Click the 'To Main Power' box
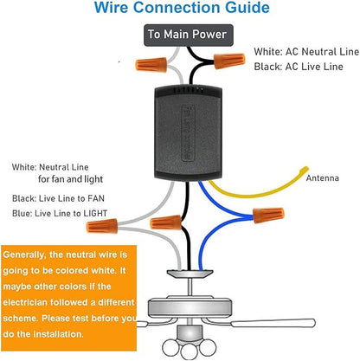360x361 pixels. [x=189, y=35]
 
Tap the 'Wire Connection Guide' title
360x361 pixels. [x=182, y=8]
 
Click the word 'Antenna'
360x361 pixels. [x=322, y=177]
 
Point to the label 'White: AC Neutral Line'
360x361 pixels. [x=306, y=52]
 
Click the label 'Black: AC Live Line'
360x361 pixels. [x=299, y=67]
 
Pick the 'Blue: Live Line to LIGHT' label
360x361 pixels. [x=60, y=214]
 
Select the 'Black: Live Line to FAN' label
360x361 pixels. [x=58, y=198]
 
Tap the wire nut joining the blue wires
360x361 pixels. [x=268, y=215]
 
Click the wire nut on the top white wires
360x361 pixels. [x=151, y=65]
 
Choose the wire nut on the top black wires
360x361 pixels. [x=229, y=61]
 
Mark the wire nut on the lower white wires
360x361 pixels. [x=102, y=226]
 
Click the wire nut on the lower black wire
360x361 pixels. [x=166, y=222]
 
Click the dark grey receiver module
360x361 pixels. [x=189, y=133]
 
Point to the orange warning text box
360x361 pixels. [x=68, y=298]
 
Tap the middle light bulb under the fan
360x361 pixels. [x=189, y=351]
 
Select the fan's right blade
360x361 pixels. [x=273, y=323]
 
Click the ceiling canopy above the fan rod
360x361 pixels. [x=190, y=274]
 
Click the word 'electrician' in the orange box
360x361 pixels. [x=25, y=302]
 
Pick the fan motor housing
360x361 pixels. [x=190, y=308]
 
